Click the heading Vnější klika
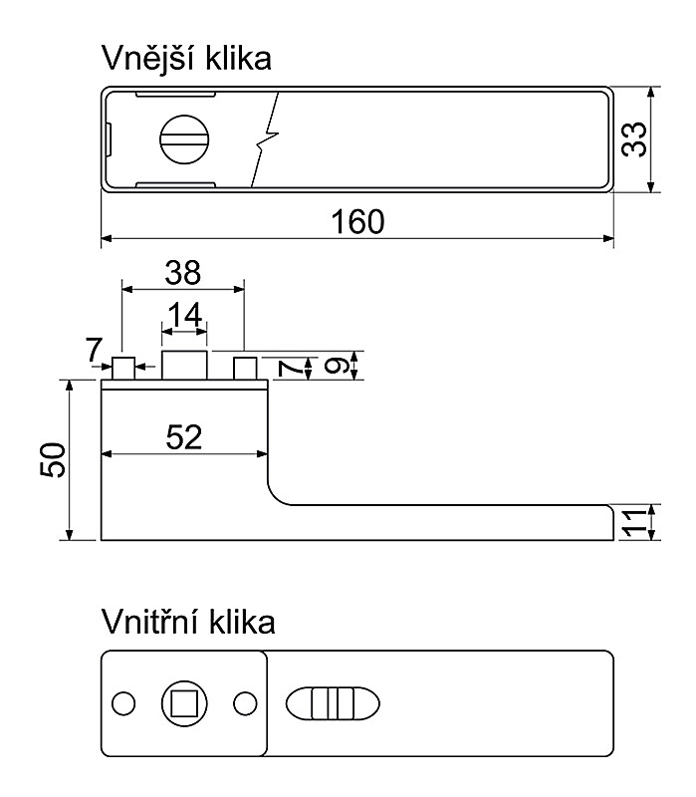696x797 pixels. click(187, 60)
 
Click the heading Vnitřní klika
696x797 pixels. click(187, 624)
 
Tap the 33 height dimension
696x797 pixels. click(634, 138)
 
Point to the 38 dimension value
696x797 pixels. click(183, 271)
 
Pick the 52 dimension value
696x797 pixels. click(184, 436)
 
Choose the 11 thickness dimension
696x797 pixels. click(634, 522)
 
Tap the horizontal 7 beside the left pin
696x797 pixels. click(94, 351)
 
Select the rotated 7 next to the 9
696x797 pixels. click(290, 369)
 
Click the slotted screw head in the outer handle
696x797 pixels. click(184, 139)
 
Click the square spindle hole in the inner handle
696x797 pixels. click(183, 703)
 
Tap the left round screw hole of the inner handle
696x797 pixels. click(123, 703)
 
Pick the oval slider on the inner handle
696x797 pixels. click(333, 703)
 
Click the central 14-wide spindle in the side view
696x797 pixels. click(184, 366)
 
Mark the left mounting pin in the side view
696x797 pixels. click(122, 369)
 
